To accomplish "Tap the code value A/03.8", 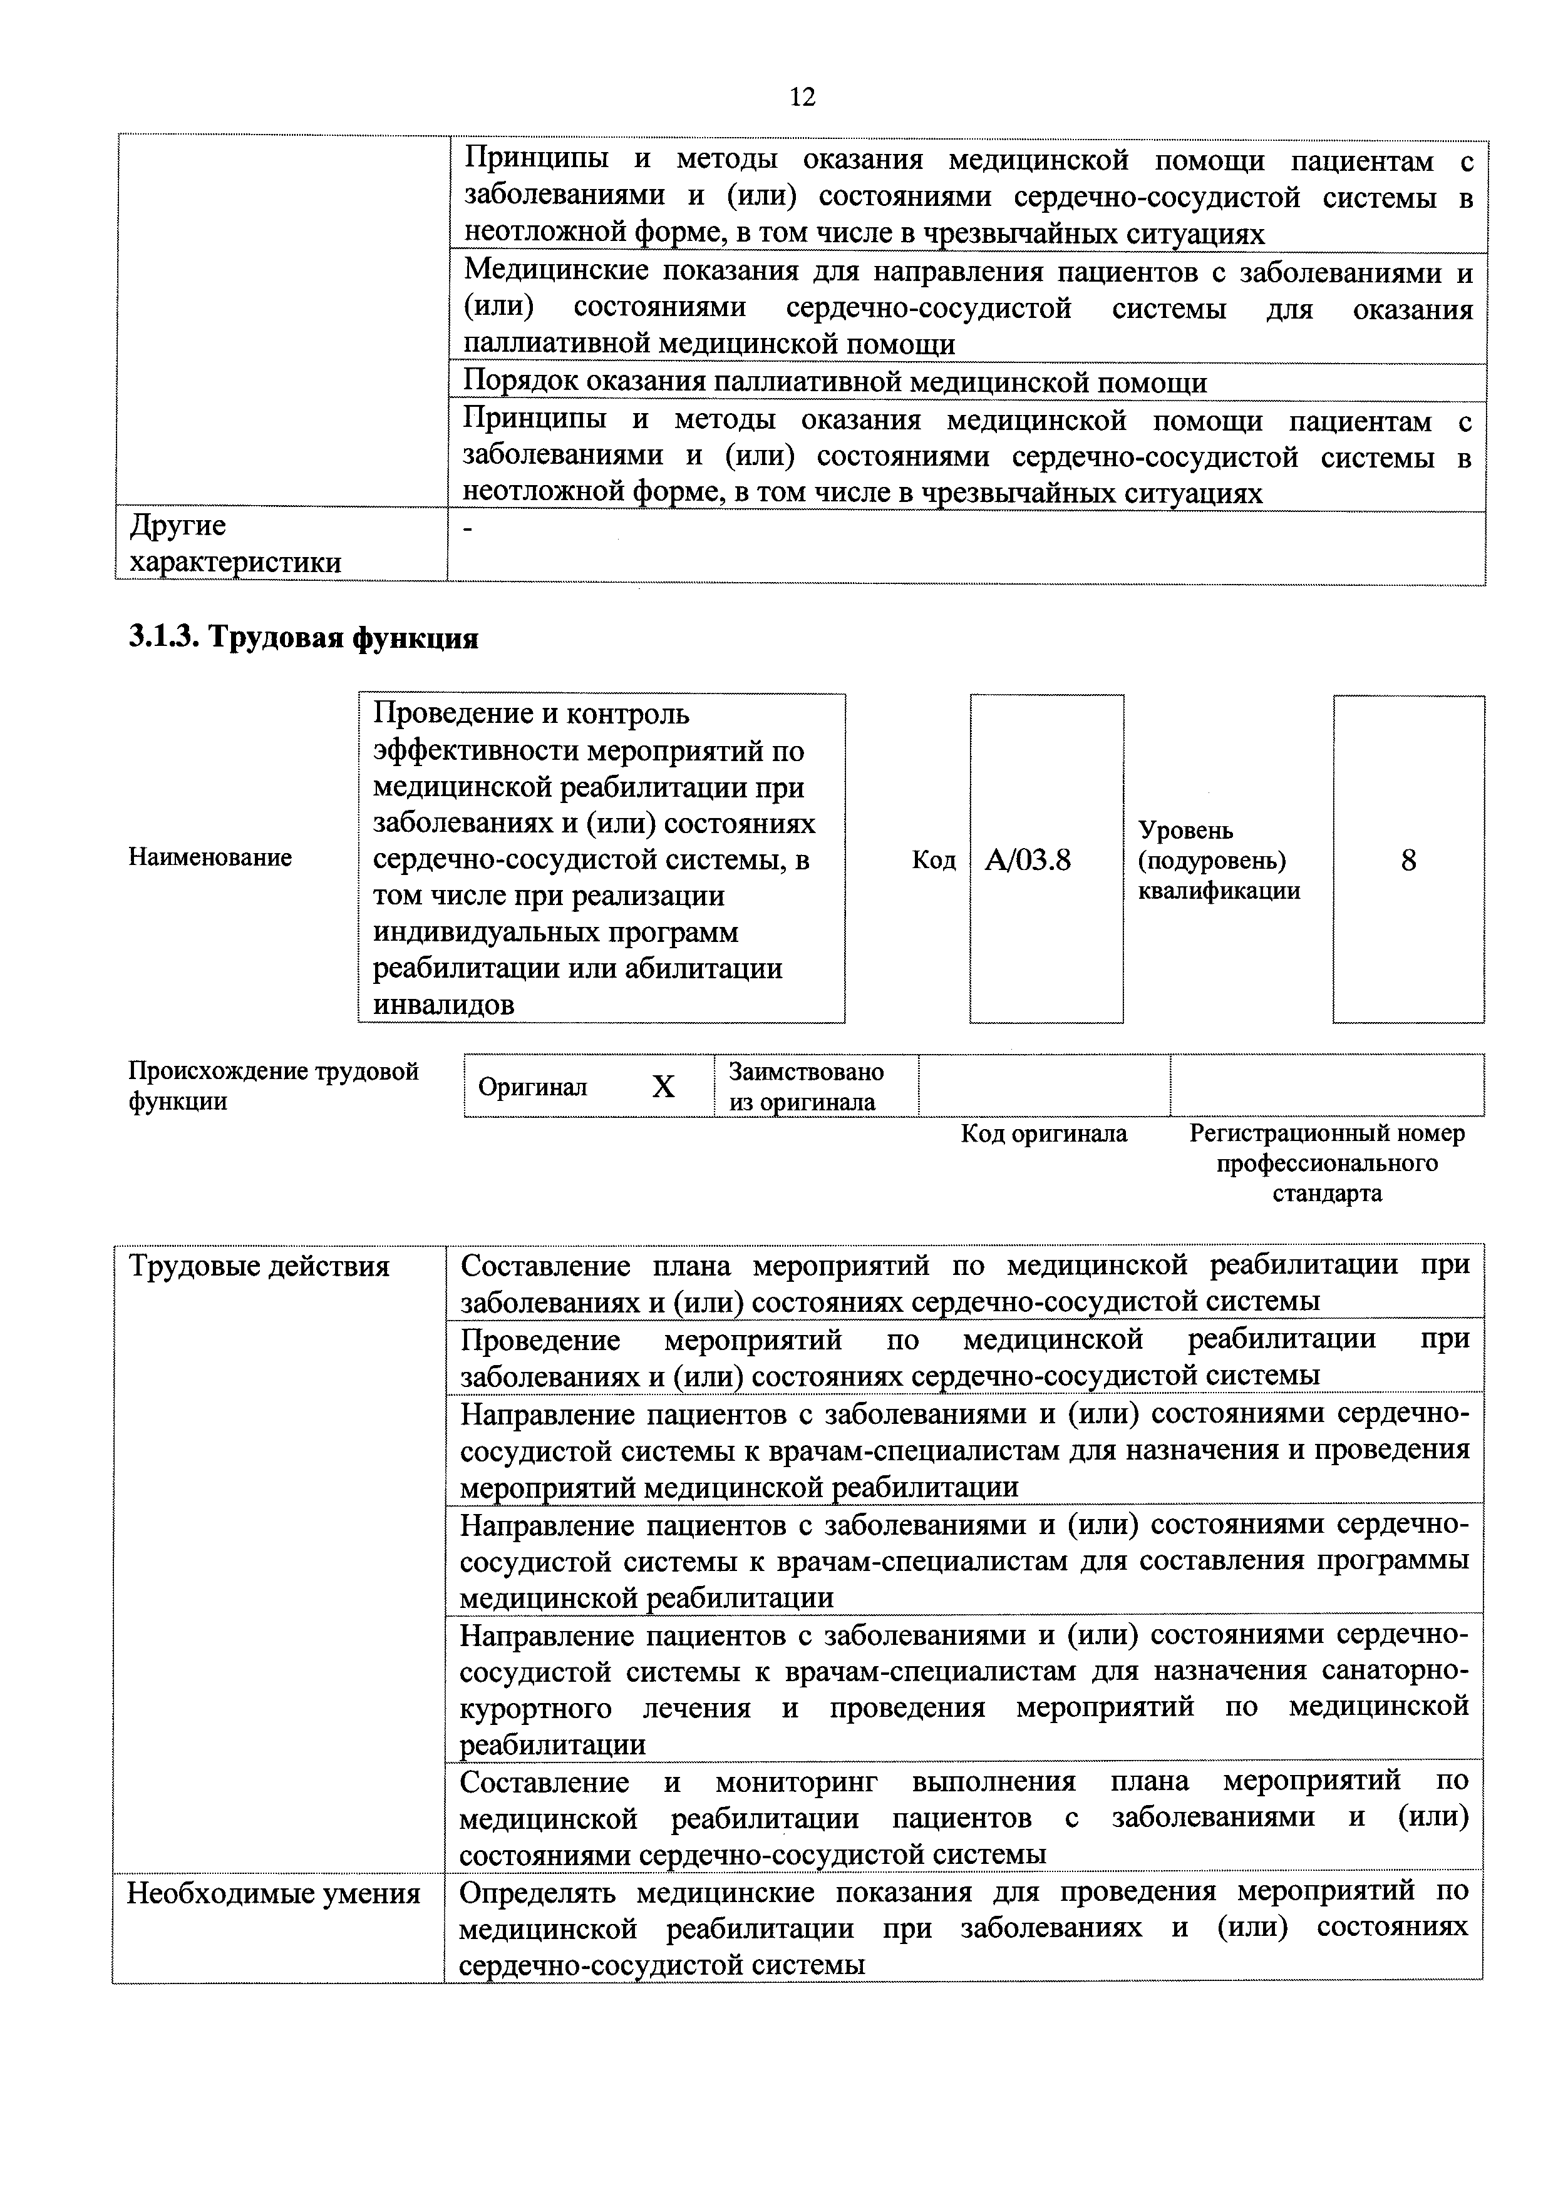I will coord(1028,861).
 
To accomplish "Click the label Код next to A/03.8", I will coord(933,861).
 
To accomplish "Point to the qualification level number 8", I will coord(1408,861).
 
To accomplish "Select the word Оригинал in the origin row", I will coord(533,1087).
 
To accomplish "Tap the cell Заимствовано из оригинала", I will coord(806,1086).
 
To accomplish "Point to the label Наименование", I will coord(210,857).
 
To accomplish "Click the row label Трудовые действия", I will coord(259,1267).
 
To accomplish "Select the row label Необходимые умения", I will coord(274,1894).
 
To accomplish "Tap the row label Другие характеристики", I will coord(235,544).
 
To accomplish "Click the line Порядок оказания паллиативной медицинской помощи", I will coord(834,382).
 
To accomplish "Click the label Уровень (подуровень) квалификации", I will coord(1219,861).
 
